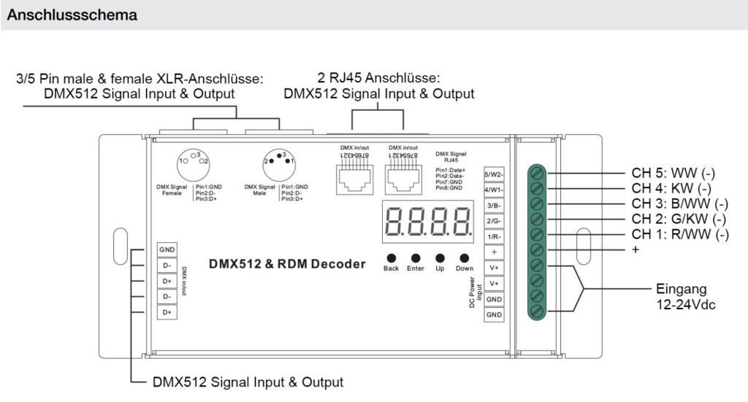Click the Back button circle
pos(392,258)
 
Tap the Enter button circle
pos(416,258)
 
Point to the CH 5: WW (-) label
pos(673,174)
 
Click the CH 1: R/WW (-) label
pos(679,234)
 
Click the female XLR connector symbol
pos(194,158)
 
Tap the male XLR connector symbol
pos(279,158)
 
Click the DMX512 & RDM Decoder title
pos(287,264)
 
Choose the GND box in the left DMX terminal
pos(167,250)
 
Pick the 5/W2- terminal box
pos(495,175)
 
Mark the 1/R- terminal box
pos(495,236)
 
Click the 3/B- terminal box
pos(495,206)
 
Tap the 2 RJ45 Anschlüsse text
pos(379,77)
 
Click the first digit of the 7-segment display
pos(394,220)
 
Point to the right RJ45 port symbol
pos(402,175)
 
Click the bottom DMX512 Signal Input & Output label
pos(248,382)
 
